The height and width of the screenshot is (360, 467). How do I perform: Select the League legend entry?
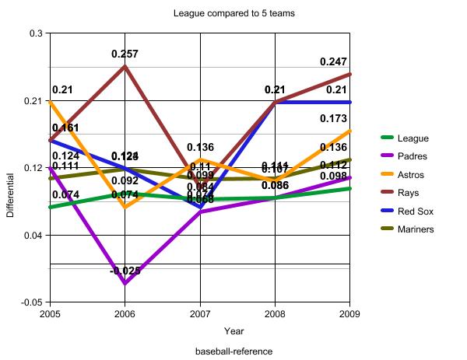pos(413,138)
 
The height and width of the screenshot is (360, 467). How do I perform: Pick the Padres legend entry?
pos(413,156)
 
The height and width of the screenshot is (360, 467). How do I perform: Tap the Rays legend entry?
pos(409,193)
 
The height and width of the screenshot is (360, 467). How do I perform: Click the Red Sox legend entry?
pos(415,211)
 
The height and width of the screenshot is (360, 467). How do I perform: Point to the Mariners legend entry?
pos(416,229)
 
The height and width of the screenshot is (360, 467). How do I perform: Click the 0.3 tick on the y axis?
pos(36,34)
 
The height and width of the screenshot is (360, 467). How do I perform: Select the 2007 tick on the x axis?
pos(200,313)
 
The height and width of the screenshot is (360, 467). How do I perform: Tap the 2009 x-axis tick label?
pos(349,313)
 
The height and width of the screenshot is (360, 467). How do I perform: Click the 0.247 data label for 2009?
pos(335,61)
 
